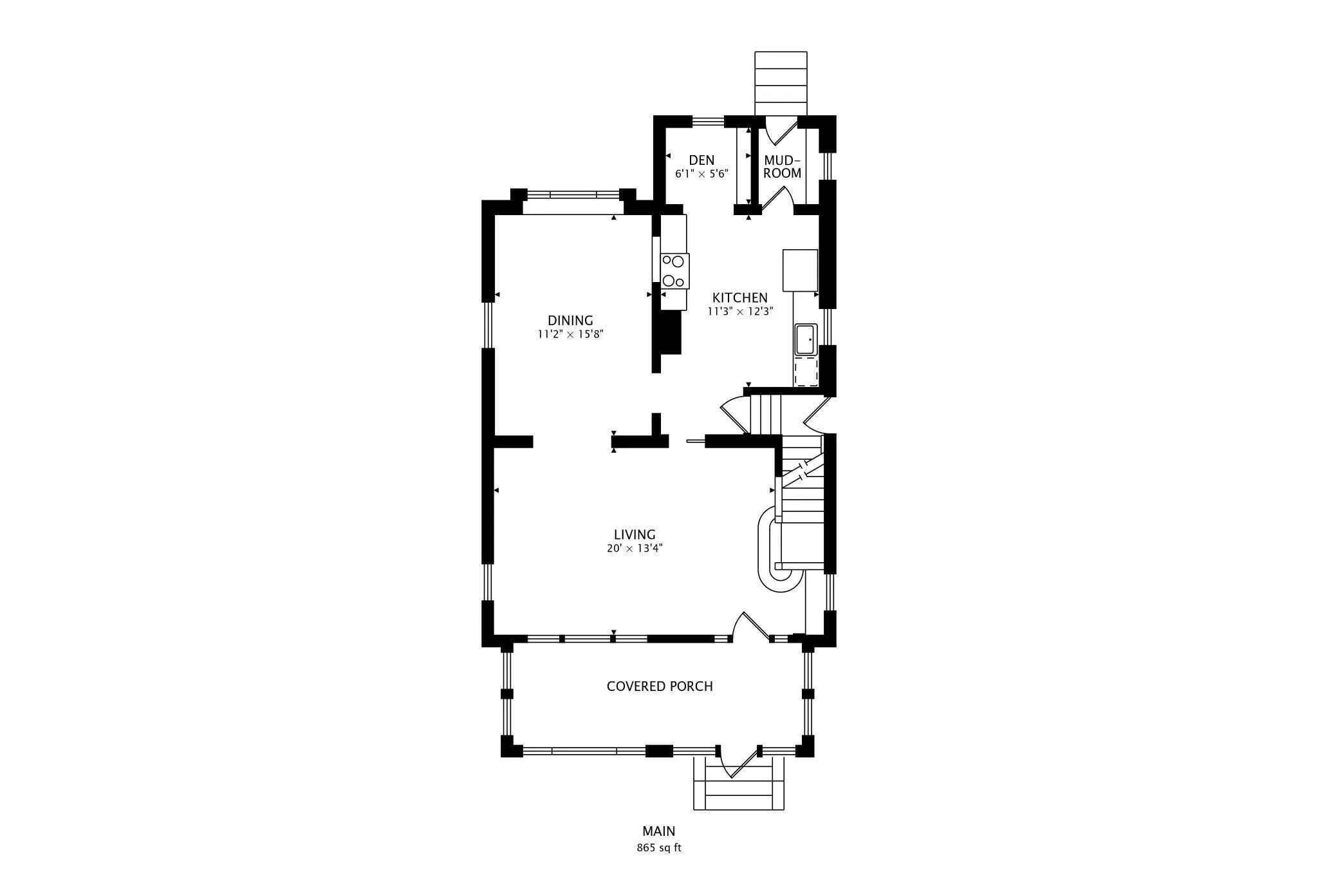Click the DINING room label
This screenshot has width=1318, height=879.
pyautogui.click(x=570, y=320)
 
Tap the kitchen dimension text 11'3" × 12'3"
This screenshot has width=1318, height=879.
pyautogui.click(x=739, y=311)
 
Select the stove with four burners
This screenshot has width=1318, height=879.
pyautogui.click(x=674, y=271)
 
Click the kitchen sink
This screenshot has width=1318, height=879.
pyautogui.click(x=805, y=339)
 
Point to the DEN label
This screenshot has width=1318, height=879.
pyautogui.click(x=701, y=160)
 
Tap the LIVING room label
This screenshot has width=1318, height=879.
pyautogui.click(x=634, y=534)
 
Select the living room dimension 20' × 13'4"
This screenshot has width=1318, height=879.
pyautogui.click(x=634, y=549)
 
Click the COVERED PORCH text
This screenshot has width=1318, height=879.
pyautogui.click(x=660, y=686)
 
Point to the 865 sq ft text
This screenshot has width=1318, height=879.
pyautogui.click(x=658, y=847)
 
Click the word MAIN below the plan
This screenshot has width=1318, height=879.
pyautogui.click(x=658, y=831)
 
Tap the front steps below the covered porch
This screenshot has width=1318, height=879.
pyautogui.click(x=739, y=791)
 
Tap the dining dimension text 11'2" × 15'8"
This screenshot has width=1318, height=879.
pyautogui.click(x=570, y=334)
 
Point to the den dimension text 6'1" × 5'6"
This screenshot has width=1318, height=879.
pyautogui.click(x=701, y=174)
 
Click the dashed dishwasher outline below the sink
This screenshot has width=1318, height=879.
pyautogui.click(x=806, y=372)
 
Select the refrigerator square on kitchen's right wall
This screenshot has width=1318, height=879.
pyautogui.click(x=800, y=270)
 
